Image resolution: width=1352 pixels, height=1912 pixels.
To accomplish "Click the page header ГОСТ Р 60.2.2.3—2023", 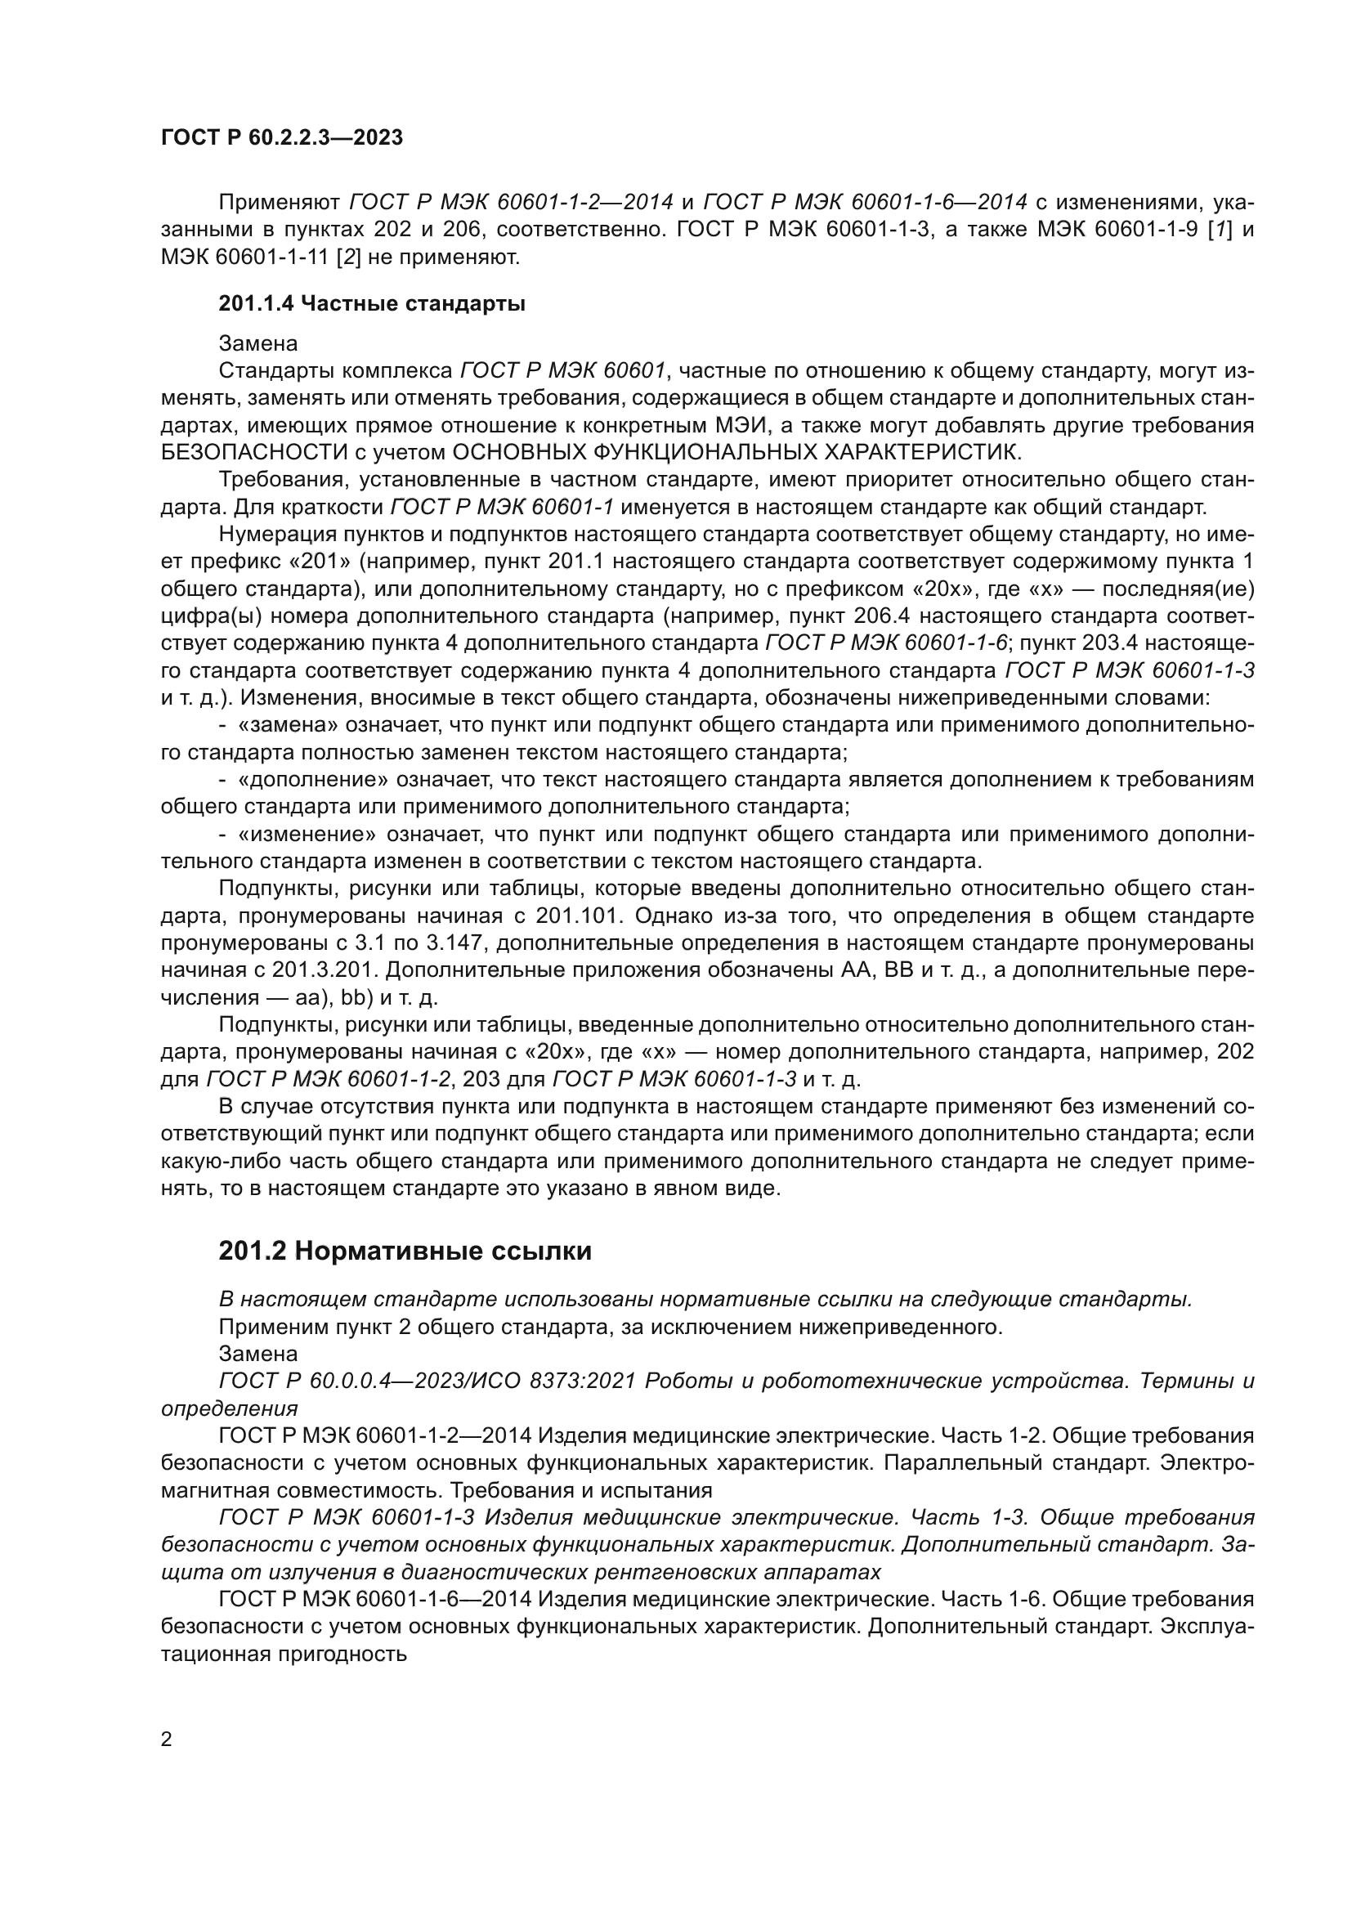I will tap(281, 137).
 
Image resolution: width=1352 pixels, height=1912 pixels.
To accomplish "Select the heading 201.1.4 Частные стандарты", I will tap(371, 304).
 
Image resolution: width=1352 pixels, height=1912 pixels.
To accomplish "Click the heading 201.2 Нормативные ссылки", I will tap(405, 1251).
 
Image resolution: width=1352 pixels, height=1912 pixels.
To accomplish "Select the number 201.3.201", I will tap(316, 971).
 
